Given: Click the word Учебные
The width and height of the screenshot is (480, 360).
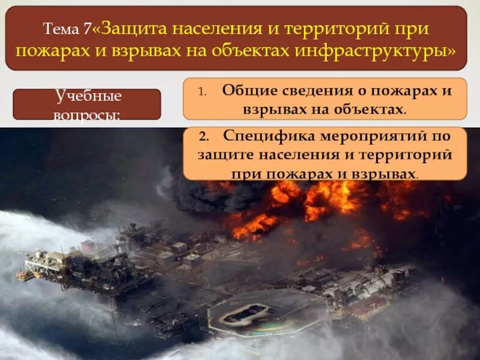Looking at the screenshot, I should (88, 96).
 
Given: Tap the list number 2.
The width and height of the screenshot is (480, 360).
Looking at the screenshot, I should (203, 136).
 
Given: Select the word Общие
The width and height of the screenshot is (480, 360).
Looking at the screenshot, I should (247, 90).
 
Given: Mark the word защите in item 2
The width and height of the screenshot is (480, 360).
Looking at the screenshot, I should (226, 155).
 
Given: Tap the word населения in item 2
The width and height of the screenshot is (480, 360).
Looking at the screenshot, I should (299, 155).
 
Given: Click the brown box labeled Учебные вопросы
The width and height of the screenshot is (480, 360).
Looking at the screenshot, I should (87, 104).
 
